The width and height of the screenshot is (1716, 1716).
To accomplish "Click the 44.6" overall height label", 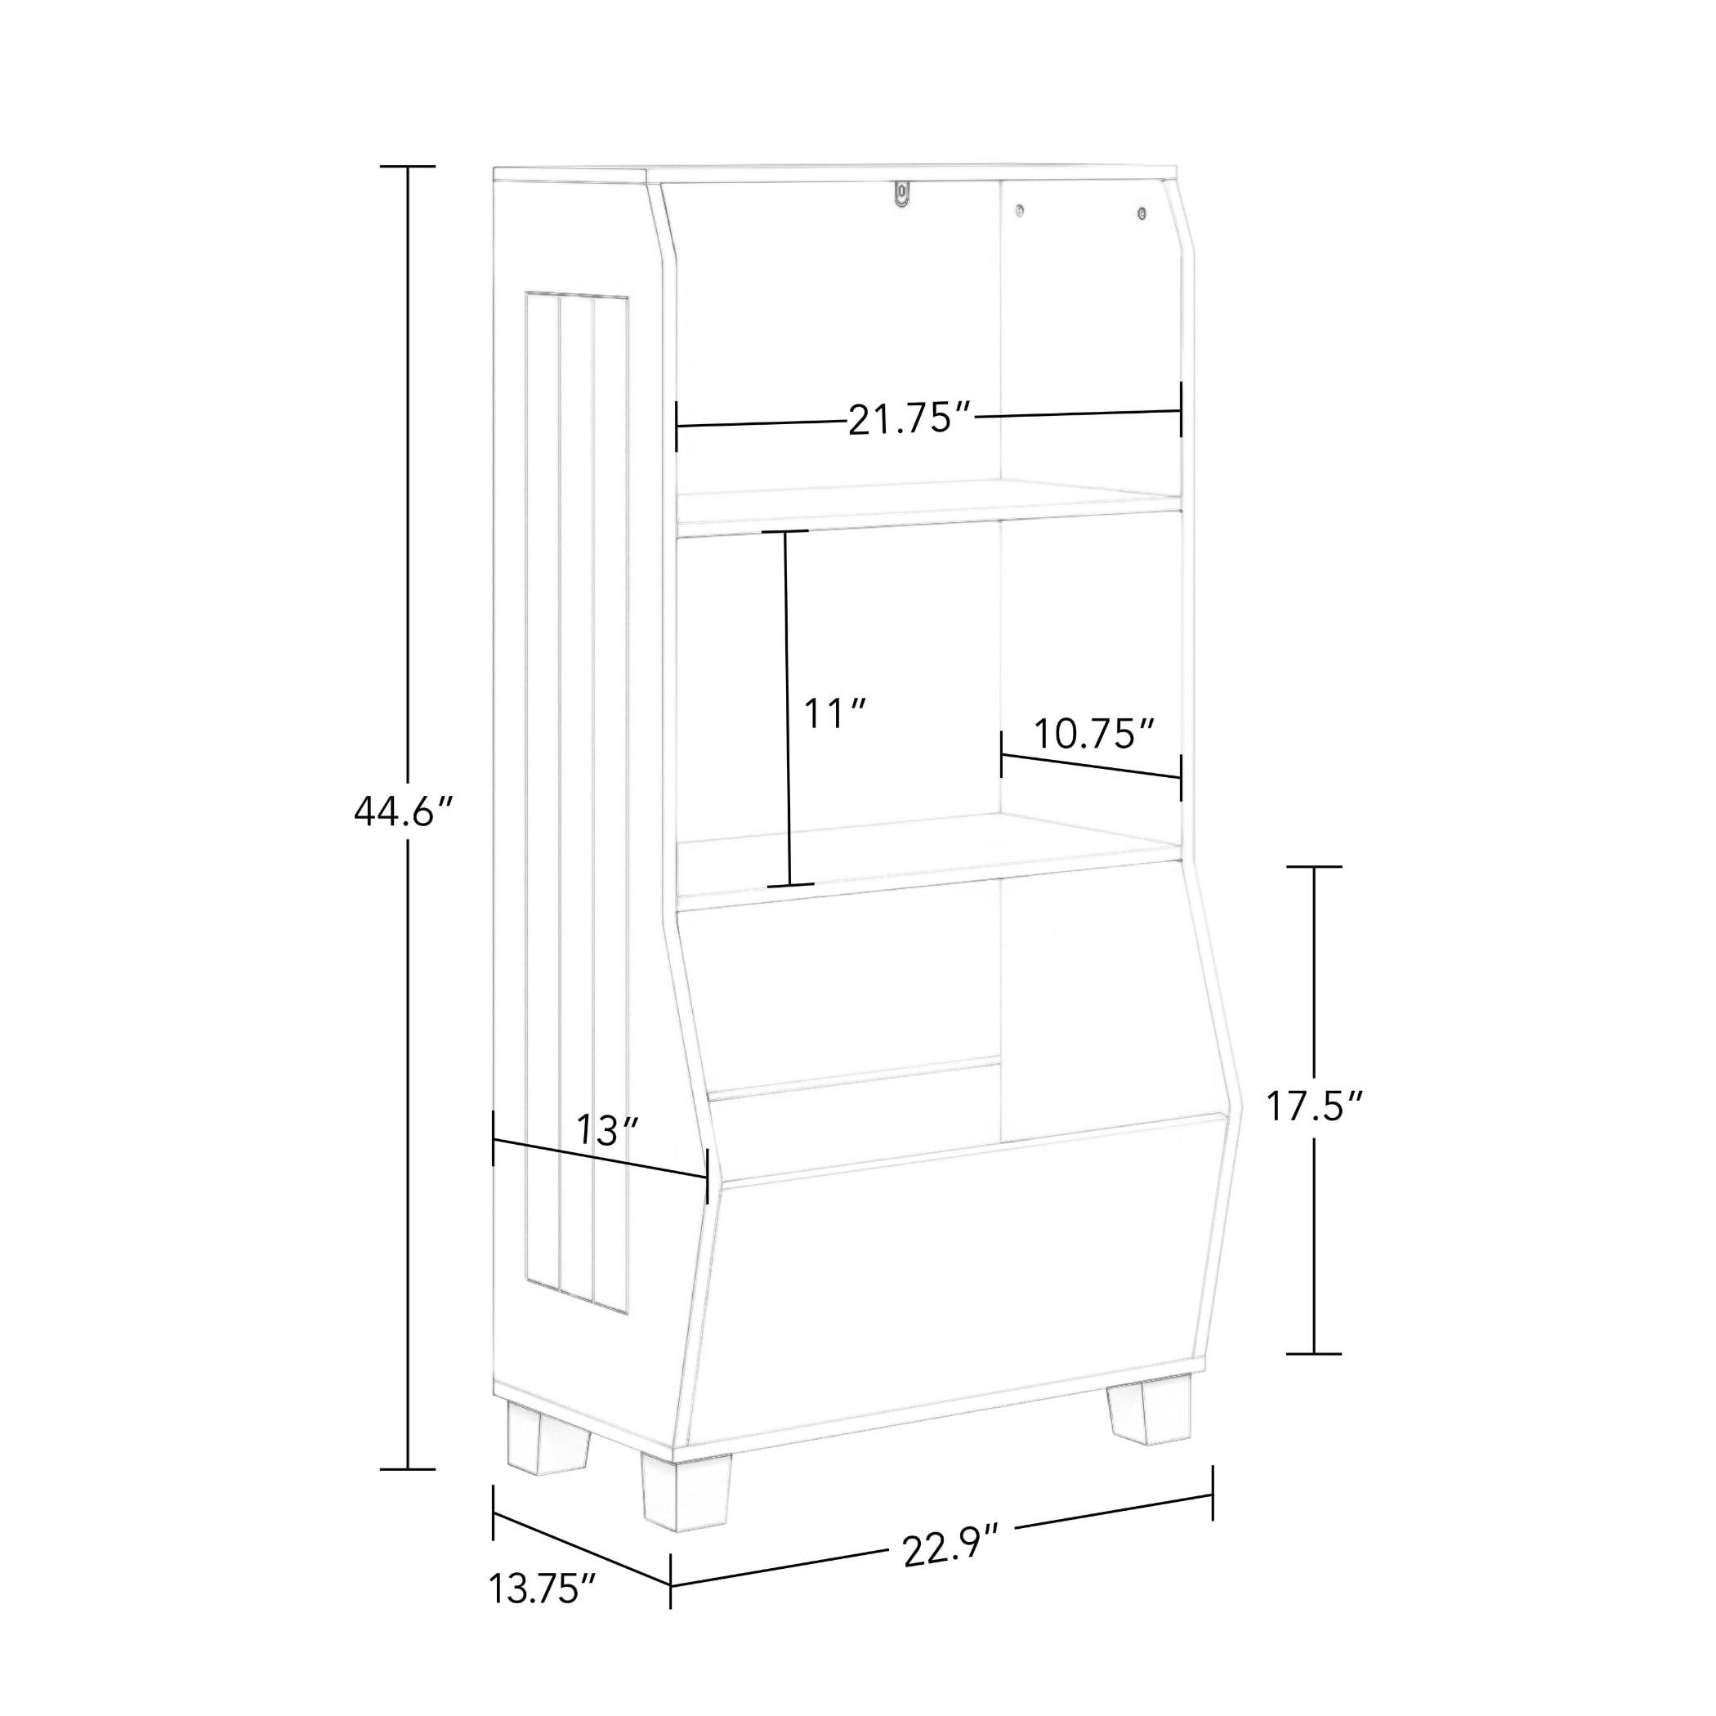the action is click(404, 811).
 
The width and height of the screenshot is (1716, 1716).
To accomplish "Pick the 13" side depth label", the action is click(607, 1130).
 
